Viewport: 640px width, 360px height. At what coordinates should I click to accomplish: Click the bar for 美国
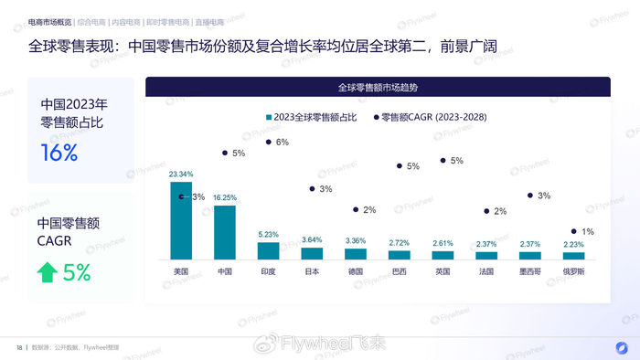click(181, 220)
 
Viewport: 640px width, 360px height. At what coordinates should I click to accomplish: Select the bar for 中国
click(225, 232)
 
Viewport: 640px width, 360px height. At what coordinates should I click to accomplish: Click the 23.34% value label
click(181, 174)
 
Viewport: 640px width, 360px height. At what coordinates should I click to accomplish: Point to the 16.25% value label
click(225, 197)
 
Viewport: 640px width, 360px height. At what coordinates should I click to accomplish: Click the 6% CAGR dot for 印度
click(268, 142)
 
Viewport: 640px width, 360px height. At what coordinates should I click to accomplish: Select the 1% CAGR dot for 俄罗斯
click(573, 231)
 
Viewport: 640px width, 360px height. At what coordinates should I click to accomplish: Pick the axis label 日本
click(312, 271)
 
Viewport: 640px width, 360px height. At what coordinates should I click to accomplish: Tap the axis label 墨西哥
click(530, 271)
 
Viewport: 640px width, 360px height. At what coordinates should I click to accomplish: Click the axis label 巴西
click(399, 271)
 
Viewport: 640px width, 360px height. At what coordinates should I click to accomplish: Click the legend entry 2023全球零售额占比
click(311, 117)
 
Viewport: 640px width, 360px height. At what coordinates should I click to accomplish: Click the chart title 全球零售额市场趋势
click(378, 88)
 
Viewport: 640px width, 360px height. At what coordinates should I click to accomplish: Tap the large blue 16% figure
click(59, 153)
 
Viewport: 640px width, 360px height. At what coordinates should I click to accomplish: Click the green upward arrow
click(47, 271)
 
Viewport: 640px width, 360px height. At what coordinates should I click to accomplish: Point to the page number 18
click(19, 347)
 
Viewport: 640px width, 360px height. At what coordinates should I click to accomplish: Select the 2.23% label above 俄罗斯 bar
click(573, 244)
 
